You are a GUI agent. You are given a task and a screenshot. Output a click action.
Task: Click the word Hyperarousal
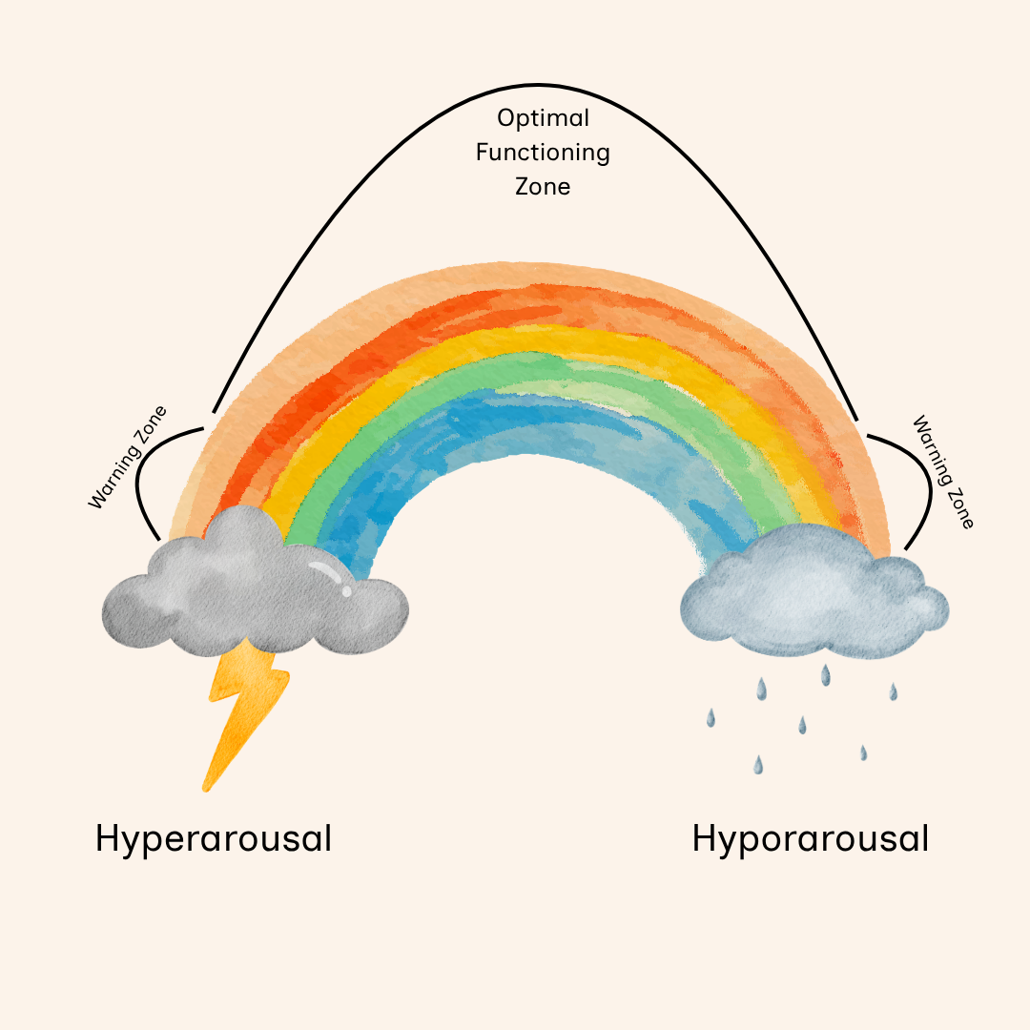click(x=214, y=839)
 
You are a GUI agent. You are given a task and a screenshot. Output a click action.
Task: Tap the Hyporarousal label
click(x=810, y=839)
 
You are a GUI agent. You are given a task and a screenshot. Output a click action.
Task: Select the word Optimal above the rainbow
click(x=543, y=118)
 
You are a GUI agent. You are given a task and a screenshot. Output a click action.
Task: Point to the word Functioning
click(x=543, y=153)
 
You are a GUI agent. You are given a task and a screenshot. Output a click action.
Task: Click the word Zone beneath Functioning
click(x=543, y=186)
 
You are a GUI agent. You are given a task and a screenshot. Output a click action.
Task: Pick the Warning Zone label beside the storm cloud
click(x=127, y=457)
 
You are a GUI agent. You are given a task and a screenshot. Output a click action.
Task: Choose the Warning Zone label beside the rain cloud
click(x=943, y=471)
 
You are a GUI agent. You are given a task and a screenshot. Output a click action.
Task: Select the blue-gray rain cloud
click(x=811, y=596)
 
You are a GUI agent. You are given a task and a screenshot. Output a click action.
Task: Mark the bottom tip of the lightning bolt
click(x=205, y=789)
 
